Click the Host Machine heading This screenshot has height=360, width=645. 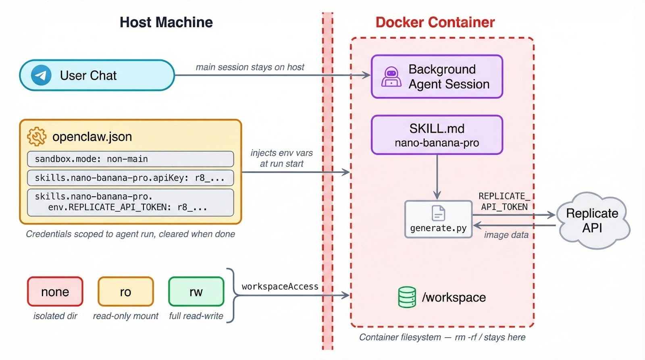point(166,22)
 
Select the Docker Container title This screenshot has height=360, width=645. point(435,22)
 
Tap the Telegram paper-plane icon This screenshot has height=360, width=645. point(41,75)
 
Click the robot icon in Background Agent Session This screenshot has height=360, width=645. point(391,77)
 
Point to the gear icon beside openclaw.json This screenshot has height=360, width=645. point(37,136)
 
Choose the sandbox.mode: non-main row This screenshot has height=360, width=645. point(130,159)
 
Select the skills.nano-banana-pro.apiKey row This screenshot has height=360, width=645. point(130,178)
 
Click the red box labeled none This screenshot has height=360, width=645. point(55,291)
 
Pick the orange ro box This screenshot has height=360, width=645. point(125,291)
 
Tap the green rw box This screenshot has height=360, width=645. point(196,291)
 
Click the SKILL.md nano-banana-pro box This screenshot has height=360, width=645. point(437,135)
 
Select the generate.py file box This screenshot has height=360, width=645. point(438,219)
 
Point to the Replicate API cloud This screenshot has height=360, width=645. point(592,221)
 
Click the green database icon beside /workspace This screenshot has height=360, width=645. point(407,297)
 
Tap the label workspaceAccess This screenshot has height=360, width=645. point(280,287)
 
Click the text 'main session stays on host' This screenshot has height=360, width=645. point(250,67)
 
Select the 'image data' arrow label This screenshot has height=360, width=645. point(506,235)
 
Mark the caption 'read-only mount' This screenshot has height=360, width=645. point(125,316)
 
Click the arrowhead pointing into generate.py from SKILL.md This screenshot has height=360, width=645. point(437,196)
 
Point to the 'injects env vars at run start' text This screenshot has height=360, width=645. point(281,158)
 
